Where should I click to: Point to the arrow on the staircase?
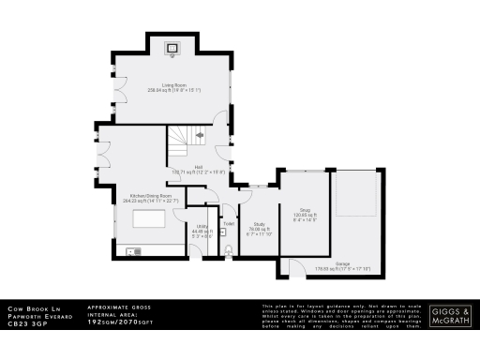[199, 136]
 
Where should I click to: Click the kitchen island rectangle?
[150, 220]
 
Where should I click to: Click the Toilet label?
[229, 223]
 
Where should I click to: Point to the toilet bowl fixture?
[229, 248]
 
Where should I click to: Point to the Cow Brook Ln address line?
[28, 308]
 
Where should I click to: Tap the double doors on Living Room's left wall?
[114, 89]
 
